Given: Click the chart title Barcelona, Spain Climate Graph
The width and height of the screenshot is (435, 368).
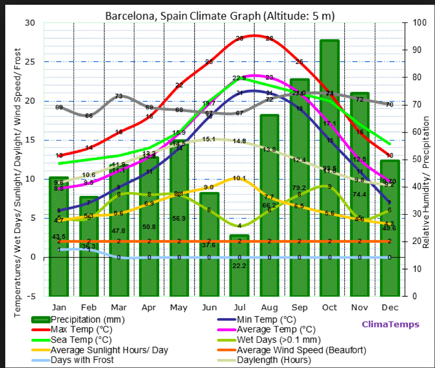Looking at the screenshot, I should [220, 15].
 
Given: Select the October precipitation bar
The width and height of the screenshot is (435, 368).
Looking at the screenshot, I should [329, 167].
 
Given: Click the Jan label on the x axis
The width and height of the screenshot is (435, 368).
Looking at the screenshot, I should [59, 307].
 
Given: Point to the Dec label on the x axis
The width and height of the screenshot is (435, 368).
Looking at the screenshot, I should [390, 307].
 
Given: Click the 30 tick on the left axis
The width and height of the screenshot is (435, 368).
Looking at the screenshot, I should [30, 23].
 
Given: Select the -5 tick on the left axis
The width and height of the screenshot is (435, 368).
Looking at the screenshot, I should [30, 296].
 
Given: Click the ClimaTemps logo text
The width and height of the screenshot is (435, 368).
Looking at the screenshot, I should [390, 325].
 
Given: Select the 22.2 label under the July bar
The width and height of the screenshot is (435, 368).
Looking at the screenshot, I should [239, 266].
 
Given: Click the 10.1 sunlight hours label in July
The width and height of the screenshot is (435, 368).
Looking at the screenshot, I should [239, 179].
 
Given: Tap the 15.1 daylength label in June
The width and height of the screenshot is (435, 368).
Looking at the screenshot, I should [209, 139].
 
